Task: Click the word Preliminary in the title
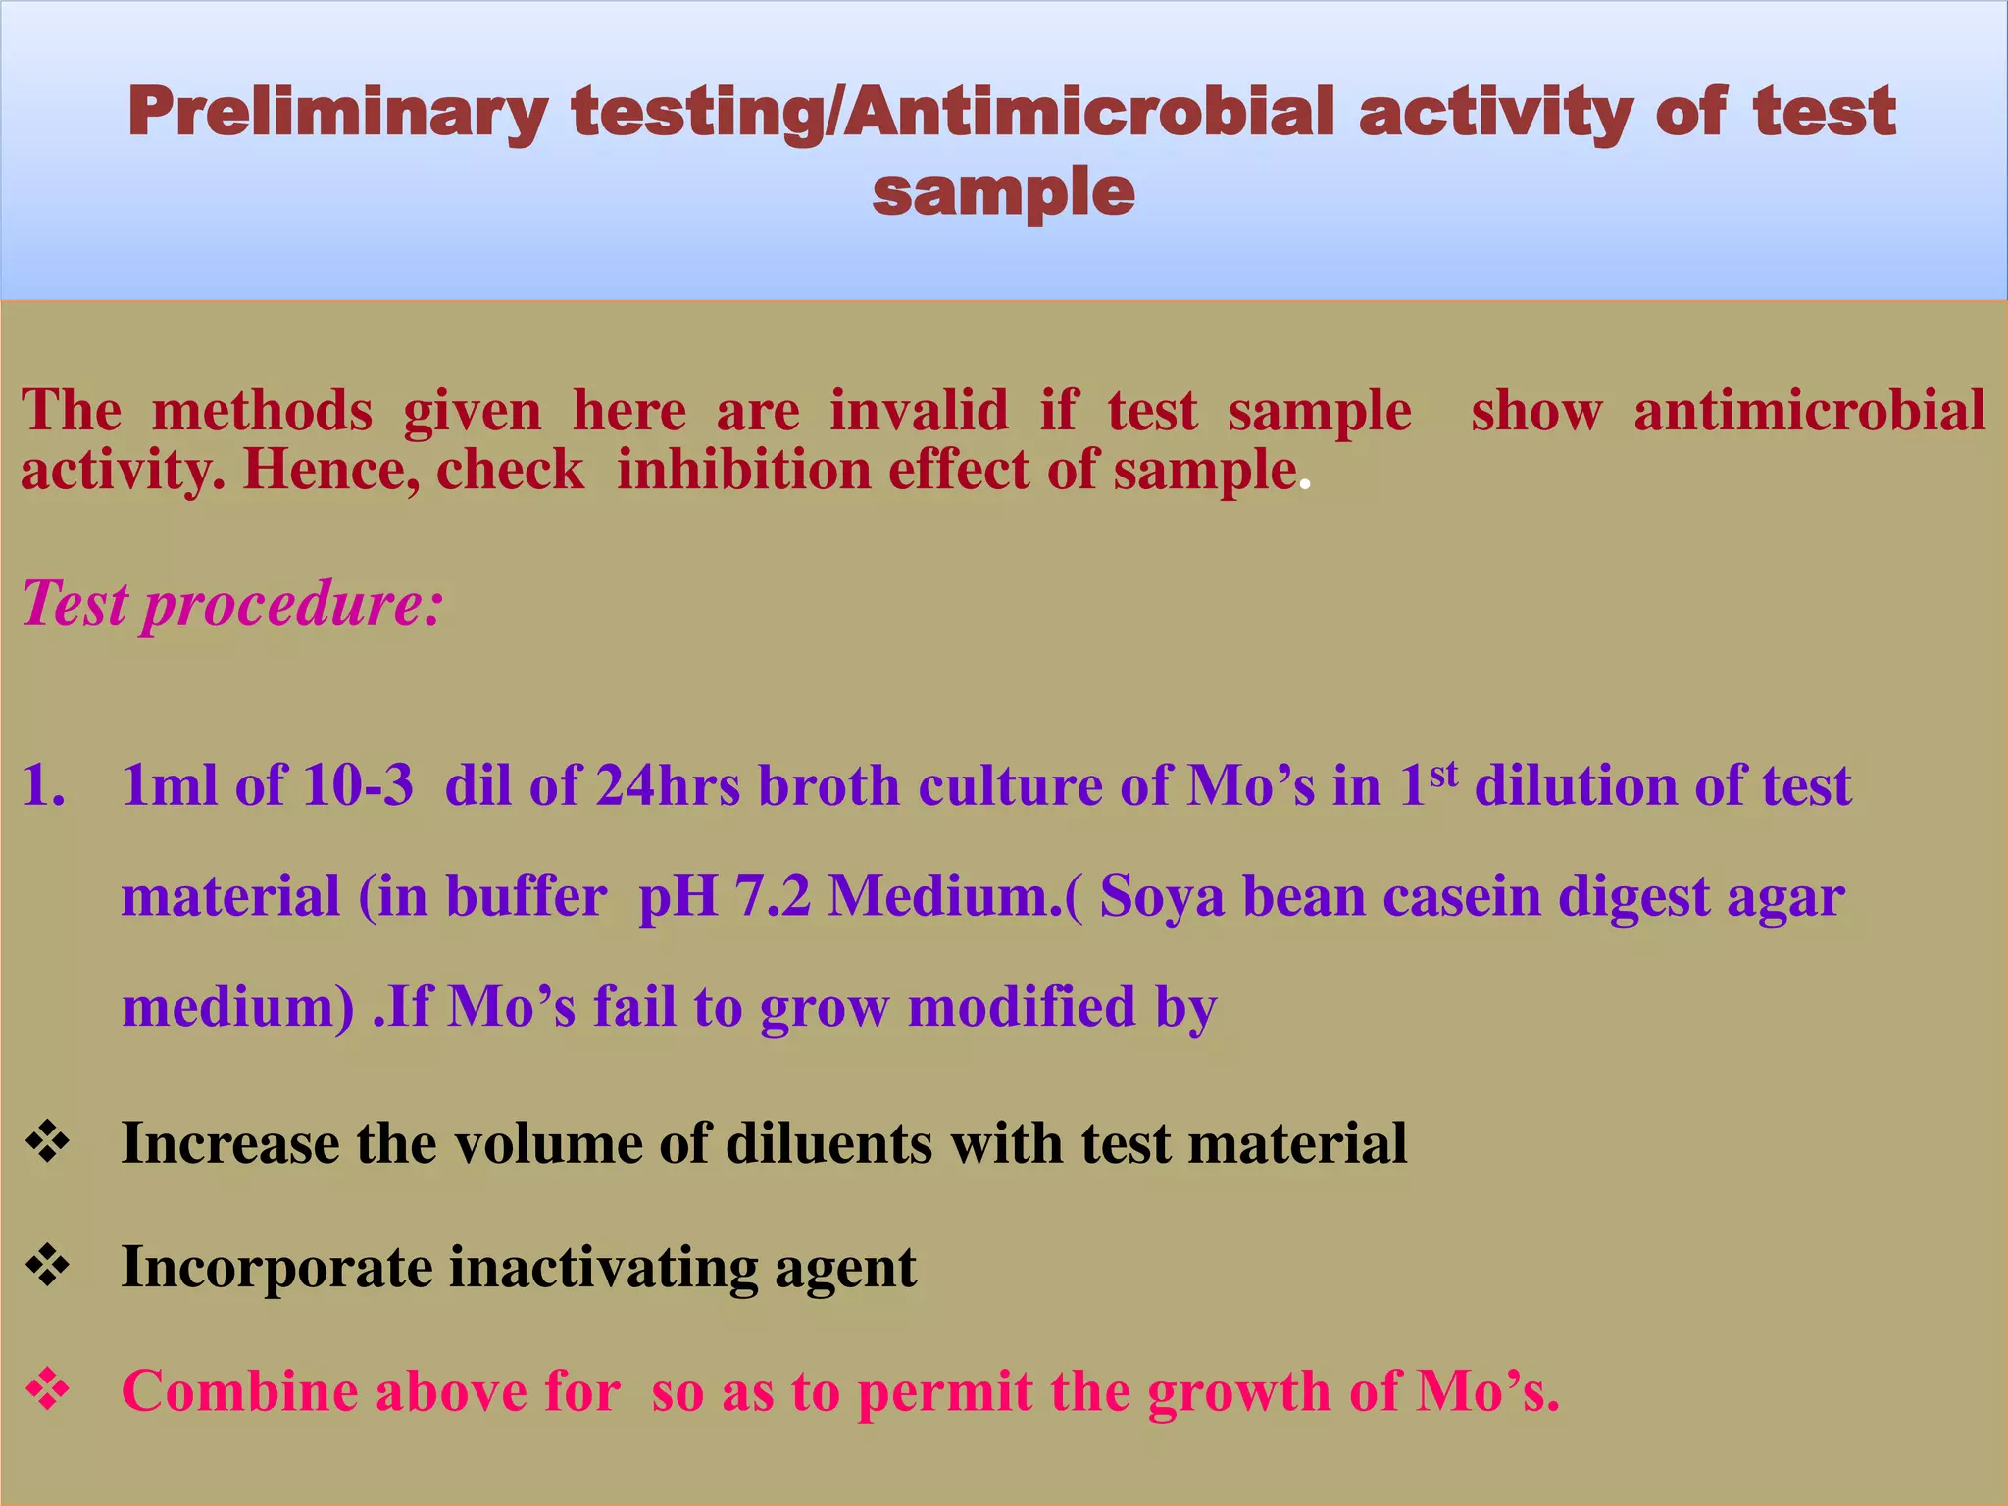tap(337, 113)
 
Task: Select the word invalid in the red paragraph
tap(919, 410)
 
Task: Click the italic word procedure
tap(292, 605)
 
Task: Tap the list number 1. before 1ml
tap(43, 786)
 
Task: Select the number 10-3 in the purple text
tap(357, 786)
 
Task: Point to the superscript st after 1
tap(1443, 775)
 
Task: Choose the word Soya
tap(1162, 897)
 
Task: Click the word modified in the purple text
tap(1021, 1007)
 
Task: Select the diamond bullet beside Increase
tap(47, 1143)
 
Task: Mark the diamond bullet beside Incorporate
tap(47, 1267)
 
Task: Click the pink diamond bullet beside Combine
tap(47, 1390)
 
